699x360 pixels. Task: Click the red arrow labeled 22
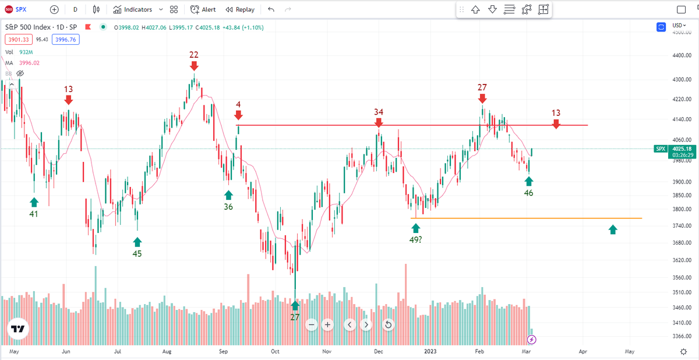point(193,66)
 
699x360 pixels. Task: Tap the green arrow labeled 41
point(34,202)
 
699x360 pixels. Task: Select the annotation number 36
point(228,206)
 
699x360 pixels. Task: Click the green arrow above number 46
point(528,181)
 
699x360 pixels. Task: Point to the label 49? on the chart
point(416,239)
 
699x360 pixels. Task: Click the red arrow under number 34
point(379,123)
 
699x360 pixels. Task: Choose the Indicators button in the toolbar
point(132,9)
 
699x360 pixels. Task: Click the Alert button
point(203,9)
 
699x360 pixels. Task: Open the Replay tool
point(240,9)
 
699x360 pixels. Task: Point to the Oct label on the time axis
point(276,352)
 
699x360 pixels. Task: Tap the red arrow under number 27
point(482,99)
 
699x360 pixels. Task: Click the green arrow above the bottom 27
point(295,305)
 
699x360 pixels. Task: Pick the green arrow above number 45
point(137,241)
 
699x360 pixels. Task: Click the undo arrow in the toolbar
point(271,9)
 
